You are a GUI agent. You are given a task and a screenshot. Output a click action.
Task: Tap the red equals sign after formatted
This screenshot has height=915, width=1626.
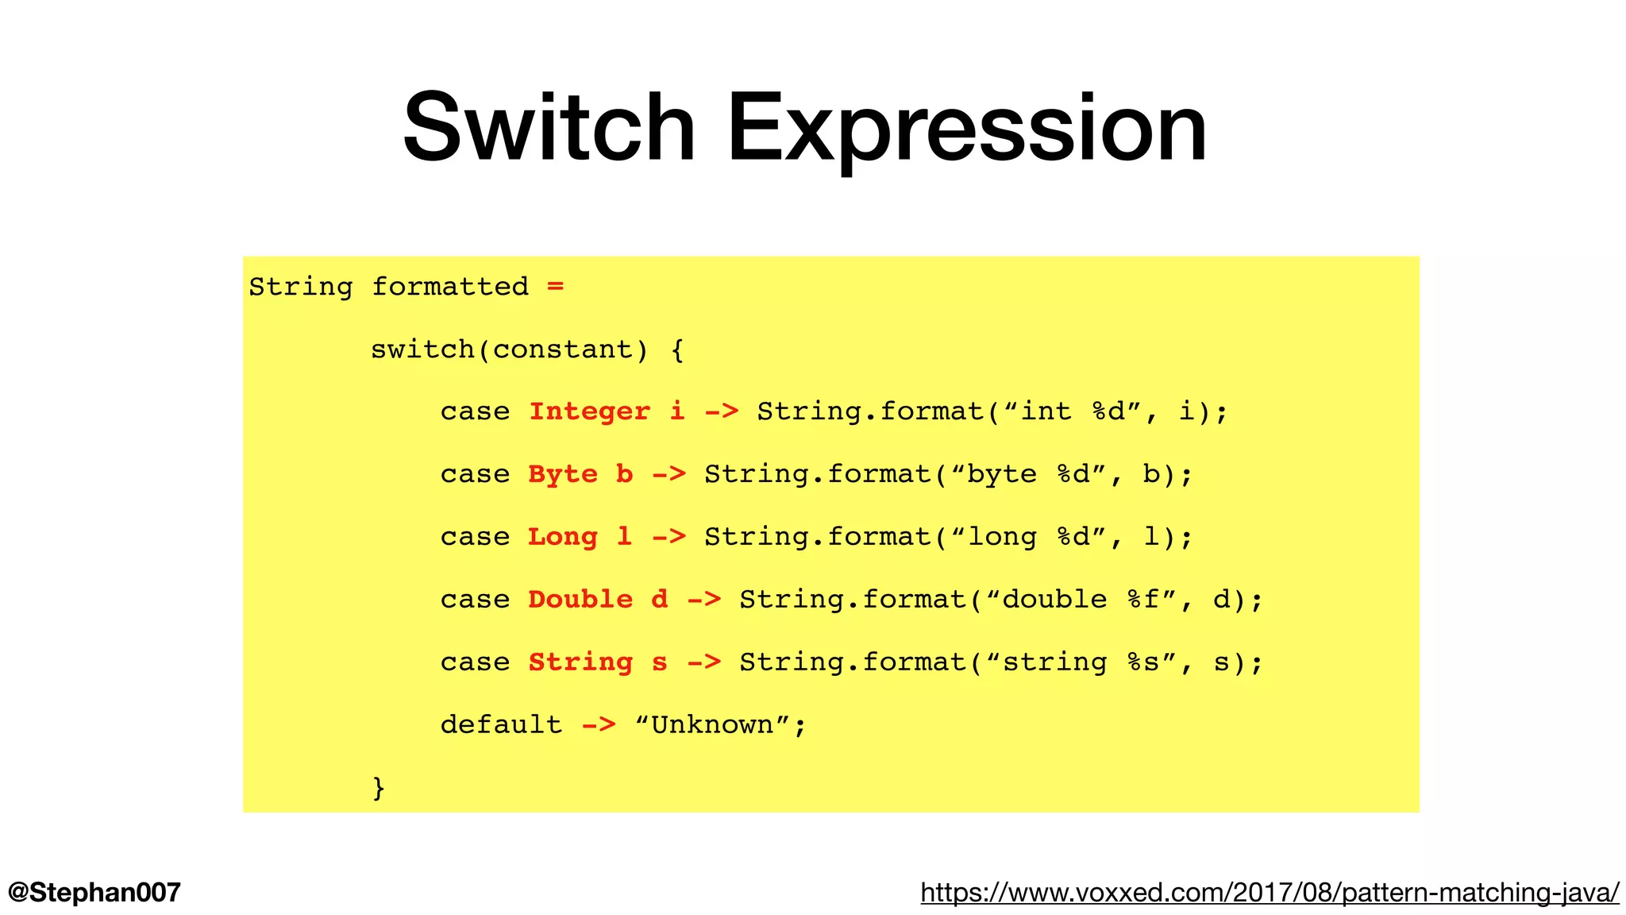point(555,286)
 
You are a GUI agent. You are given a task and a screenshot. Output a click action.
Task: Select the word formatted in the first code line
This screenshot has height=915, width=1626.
point(449,286)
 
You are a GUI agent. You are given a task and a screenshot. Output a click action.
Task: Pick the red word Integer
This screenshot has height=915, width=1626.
point(589,411)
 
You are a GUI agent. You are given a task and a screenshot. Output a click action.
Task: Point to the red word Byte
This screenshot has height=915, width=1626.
point(563,474)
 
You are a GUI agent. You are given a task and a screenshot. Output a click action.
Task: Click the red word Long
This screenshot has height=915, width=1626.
point(563,537)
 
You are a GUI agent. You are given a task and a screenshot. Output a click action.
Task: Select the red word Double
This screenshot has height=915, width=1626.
point(580,599)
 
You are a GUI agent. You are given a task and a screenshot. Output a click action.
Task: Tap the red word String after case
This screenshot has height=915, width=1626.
point(580,662)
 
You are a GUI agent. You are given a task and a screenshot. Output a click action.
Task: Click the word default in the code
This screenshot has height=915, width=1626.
point(501,724)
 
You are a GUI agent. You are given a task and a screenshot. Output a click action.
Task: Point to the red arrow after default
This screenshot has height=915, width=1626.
point(599,724)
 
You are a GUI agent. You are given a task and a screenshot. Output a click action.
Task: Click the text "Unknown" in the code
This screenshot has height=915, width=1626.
point(712,724)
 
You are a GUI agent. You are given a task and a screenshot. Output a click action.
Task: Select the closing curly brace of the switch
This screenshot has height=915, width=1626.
point(379,787)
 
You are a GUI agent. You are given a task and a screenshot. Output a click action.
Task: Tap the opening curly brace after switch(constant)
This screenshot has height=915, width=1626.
point(677,349)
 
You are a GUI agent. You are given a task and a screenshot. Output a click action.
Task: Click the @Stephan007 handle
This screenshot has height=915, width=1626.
point(94,892)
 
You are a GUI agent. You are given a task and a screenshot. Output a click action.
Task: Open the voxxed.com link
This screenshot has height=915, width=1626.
point(1270,892)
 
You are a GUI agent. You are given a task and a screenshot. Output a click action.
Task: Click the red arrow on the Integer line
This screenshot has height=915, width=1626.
point(722,411)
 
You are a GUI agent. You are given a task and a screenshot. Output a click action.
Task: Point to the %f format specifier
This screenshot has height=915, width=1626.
point(1143,599)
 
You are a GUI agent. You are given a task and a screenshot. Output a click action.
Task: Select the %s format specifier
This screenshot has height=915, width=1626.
point(1143,662)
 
